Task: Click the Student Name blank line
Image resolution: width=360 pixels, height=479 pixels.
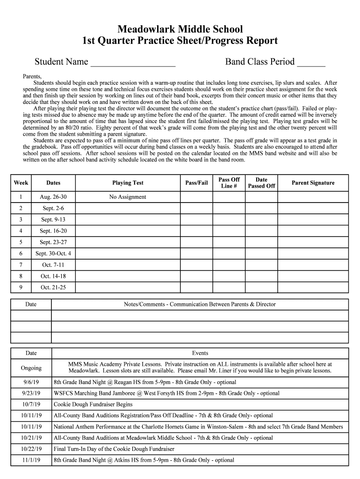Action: coord(133,63)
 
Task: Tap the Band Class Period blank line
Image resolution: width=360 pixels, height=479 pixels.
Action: coord(311,63)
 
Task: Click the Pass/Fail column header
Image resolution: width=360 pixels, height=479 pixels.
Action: coord(196,183)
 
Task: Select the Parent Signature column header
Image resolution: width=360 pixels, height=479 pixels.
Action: coord(313,183)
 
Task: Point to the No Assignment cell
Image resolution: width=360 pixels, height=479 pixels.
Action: coord(128,197)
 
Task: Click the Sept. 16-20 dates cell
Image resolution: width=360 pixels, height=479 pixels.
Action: coord(53,231)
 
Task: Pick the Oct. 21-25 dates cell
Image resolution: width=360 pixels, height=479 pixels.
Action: coord(53,287)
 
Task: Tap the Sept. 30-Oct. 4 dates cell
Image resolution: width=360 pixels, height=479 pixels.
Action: coord(53,254)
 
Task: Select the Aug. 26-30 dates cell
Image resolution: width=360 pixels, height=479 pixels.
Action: coord(53,197)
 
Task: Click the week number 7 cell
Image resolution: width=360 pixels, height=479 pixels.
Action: coord(21,265)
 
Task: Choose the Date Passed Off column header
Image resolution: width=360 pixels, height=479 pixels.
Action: coord(261,183)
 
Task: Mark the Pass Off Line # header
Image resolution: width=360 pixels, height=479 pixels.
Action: coord(229,183)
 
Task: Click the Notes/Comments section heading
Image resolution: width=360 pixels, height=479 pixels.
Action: coord(200,305)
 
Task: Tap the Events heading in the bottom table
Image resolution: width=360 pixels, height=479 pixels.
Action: coord(200,353)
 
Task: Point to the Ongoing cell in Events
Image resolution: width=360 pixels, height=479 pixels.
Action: coord(31,368)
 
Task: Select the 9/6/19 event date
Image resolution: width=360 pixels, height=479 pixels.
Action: coord(31,382)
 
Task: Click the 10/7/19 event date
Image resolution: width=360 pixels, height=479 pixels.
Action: coord(31,404)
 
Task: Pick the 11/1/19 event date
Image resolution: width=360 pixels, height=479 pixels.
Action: coord(31,460)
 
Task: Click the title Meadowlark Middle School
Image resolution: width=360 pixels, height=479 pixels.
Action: coord(180,29)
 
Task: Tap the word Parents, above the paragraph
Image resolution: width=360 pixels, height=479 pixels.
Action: coord(32,76)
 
